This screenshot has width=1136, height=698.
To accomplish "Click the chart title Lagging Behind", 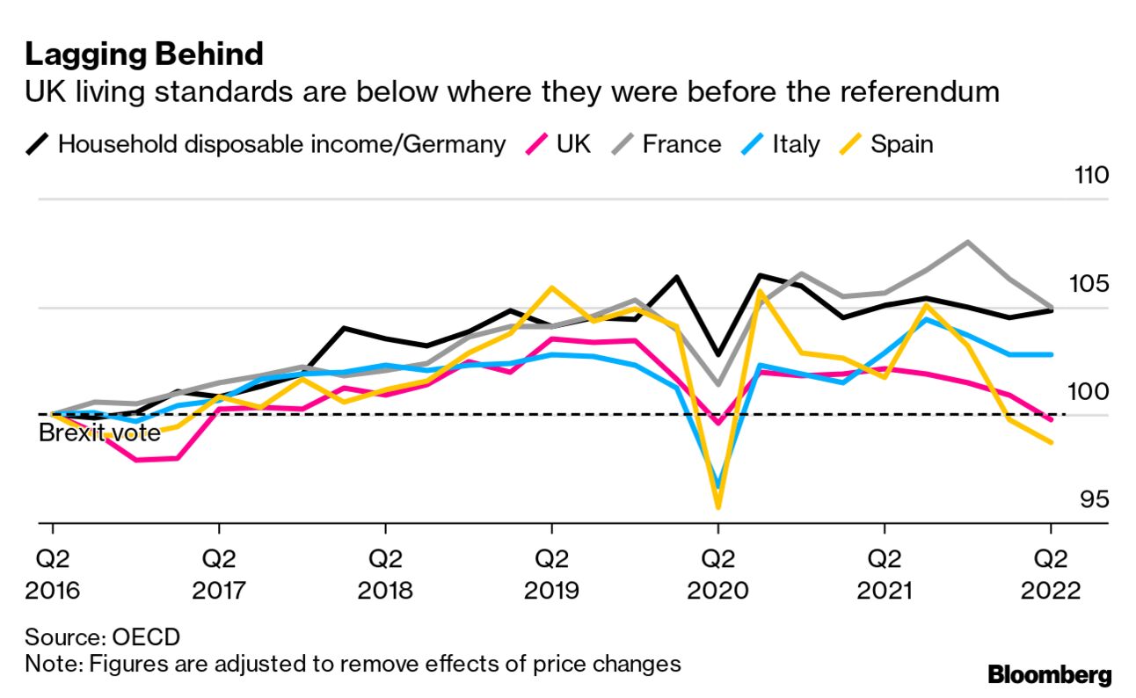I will [143, 55].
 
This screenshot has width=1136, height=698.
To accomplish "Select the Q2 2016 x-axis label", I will [53, 572].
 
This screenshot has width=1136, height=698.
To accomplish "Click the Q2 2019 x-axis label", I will [551, 572].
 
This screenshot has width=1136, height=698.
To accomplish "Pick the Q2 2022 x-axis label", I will [1050, 572].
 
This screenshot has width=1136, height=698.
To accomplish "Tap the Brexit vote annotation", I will [99, 433].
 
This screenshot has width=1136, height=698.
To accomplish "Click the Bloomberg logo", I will [1050, 675].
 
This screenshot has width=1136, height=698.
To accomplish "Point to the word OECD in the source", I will [154, 636].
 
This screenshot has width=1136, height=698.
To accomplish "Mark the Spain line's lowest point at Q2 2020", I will [718, 507].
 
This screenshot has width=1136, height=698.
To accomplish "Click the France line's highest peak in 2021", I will [967, 242].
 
